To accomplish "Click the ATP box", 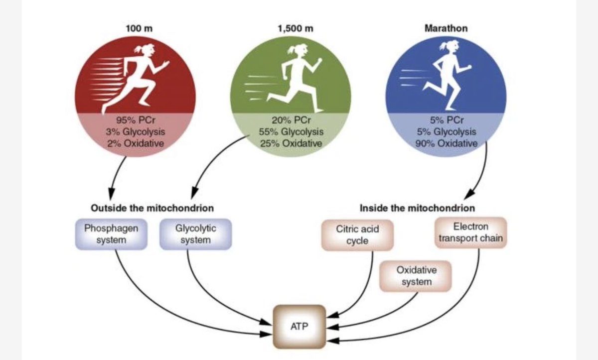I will point(299,327).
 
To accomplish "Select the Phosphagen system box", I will point(111,234).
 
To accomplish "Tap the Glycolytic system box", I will point(195,234).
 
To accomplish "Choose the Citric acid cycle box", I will point(357,235).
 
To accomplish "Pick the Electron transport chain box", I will point(471,232).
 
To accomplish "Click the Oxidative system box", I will point(416,276).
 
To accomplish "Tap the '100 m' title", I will point(139,28).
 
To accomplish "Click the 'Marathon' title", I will point(446,28).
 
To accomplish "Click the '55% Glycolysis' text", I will point(291,132).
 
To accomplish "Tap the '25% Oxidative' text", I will point(291,143).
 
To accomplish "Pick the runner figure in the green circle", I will point(297,75).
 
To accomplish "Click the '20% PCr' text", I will point(291,121).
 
